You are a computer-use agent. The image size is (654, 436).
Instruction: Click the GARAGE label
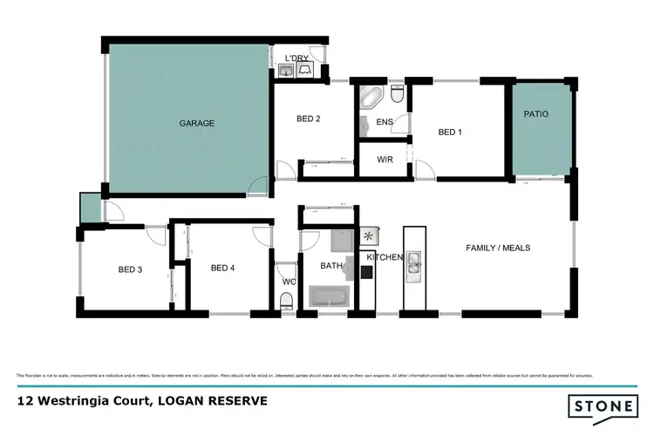click(x=197, y=123)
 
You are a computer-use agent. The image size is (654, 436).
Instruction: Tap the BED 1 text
click(x=448, y=133)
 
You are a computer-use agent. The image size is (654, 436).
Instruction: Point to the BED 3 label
click(x=130, y=269)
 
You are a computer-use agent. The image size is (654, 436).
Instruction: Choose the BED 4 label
click(x=222, y=268)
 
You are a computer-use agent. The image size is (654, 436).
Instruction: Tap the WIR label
click(x=385, y=160)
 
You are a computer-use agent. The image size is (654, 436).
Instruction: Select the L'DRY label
click(x=297, y=58)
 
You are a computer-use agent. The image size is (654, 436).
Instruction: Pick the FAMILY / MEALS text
click(x=498, y=248)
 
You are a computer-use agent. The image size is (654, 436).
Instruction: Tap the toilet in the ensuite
click(x=397, y=92)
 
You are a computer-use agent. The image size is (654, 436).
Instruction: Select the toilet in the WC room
click(x=285, y=301)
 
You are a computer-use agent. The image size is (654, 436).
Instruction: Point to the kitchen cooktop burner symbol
click(x=369, y=235)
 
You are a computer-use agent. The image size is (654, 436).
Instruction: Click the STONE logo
click(x=603, y=406)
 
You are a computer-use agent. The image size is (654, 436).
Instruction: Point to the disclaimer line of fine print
click(x=305, y=375)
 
